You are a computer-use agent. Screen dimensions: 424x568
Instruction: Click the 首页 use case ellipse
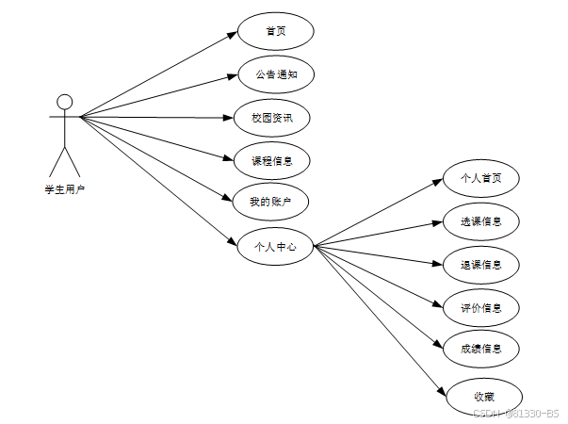(x=275, y=31)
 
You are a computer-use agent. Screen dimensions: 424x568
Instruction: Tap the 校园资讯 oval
(x=271, y=118)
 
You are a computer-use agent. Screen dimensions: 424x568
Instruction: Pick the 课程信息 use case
(x=271, y=160)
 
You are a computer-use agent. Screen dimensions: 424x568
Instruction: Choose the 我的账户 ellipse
(x=270, y=202)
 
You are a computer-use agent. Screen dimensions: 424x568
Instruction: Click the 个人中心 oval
(x=275, y=246)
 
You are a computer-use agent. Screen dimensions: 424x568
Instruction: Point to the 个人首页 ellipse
(x=480, y=177)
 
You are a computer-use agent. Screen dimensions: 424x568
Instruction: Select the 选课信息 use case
(x=480, y=222)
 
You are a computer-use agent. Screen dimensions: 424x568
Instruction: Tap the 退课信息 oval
(x=480, y=265)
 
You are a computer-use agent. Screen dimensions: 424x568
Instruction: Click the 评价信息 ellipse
(x=480, y=307)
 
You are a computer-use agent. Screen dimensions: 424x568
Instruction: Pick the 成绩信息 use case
(x=480, y=349)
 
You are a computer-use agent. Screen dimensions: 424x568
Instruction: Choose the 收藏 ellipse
(x=483, y=397)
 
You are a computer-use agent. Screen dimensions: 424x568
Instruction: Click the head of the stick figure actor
(x=64, y=102)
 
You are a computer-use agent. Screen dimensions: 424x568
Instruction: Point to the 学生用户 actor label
(x=64, y=189)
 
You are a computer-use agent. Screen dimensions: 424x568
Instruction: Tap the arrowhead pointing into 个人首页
(x=438, y=181)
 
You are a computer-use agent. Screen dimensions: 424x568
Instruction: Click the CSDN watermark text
(x=514, y=413)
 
